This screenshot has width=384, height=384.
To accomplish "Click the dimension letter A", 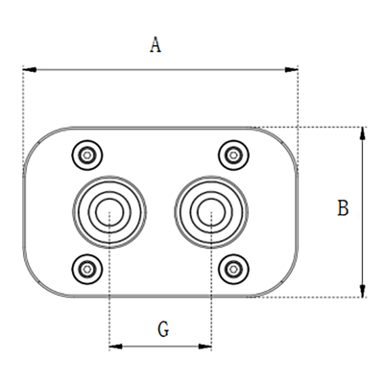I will (x=156, y=47).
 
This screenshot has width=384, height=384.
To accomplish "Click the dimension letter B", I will (x=342, y=207).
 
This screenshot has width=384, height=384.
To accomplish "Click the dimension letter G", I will (x=163, y=329).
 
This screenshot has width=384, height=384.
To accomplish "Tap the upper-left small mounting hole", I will (x=88, y=154).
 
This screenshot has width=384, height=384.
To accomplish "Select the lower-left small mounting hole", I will (x=88, y=270).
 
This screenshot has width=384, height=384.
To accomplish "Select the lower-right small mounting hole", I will (x=231, y=270).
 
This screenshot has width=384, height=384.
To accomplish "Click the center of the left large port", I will (x=109, y=211).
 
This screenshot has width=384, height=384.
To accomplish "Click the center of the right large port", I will (x=210, y=211).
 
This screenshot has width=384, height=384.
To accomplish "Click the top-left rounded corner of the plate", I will (x=36, y=140).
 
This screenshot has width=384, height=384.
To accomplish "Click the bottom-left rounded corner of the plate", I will (x=36, y=284).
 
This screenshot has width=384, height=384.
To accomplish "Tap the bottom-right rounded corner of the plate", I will (x=286, y=284).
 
